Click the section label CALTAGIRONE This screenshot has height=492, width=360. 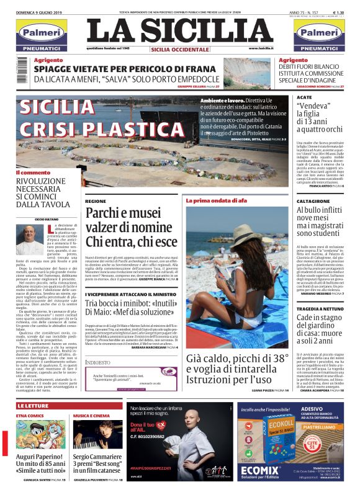point(313,202)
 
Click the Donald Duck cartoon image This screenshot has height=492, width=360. point(29,442)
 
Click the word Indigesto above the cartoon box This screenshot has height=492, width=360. point(98,362)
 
